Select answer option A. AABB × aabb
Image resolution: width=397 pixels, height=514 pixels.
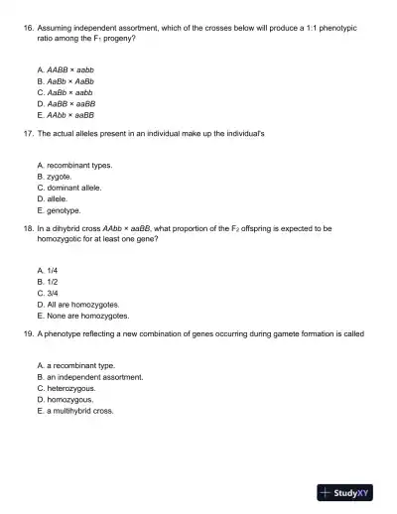65,70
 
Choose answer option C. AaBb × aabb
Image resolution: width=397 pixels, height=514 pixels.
65,92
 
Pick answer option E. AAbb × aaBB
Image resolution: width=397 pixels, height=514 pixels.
65,114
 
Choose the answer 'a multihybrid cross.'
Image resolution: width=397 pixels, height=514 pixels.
79,411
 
